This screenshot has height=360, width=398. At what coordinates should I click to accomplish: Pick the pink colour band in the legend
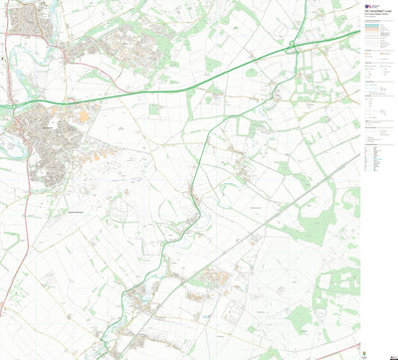pos(375,30)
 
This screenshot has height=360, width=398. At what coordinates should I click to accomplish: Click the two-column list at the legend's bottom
pos(376,159)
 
